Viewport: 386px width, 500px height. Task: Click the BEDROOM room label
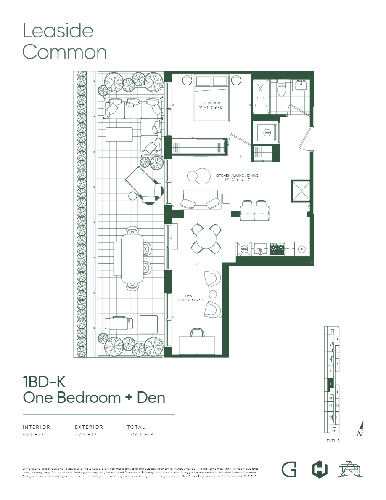(x=212, y=103)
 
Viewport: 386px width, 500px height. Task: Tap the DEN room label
(x=188, y=296)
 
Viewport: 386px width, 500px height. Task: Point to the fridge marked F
(x=301, y=249)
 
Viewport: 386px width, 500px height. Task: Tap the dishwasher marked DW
(x=244, y=249)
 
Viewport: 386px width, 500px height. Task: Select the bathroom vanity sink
(x=301, y=86)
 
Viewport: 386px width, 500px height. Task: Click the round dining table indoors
(x=206, y=239)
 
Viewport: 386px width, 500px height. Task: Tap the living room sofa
(x=201, y=199)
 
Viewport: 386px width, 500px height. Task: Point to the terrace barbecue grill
(x=115, y=323)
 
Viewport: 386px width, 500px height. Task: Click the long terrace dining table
(x=132, y=258)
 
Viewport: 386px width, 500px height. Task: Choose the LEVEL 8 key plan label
(x=332, y=441)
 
